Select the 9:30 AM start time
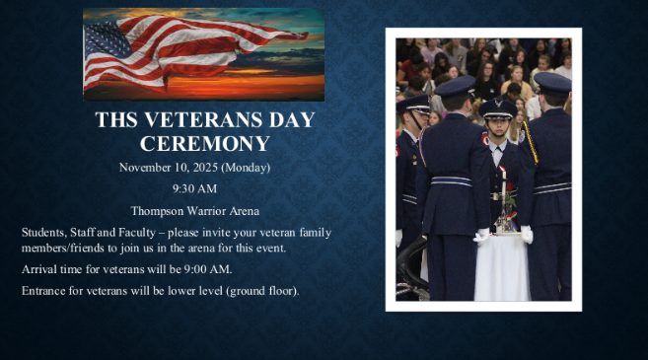click(x=194, y=188)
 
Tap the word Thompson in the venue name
click(x=158, y=210)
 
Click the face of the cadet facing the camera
click(x=497, y=128)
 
